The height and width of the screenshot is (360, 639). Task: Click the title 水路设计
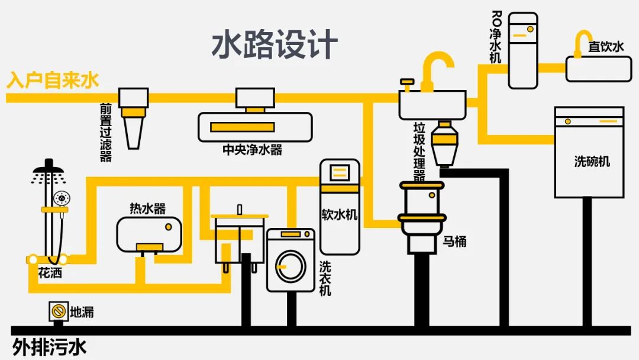pos(275,46)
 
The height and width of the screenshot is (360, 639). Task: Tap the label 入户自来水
pos(53,81)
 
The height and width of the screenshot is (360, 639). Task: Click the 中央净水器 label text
pos(252,150)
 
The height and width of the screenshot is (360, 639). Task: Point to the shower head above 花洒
pos(49,172)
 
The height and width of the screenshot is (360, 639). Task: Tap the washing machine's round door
pos(290,266)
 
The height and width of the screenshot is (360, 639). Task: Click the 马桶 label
pos(455,242)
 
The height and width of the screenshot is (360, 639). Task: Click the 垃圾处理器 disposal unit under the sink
pos(444,143)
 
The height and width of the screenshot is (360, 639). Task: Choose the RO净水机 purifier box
pos(524,51)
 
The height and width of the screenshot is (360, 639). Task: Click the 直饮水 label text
pos(605,47)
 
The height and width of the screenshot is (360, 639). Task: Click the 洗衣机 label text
pos(325,278)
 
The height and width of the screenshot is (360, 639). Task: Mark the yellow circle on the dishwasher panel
pos(568,121)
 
